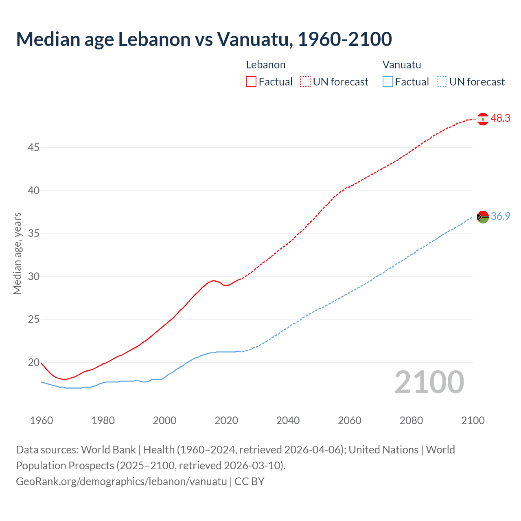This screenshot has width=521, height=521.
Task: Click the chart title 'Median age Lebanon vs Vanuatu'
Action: (x=204, y=39)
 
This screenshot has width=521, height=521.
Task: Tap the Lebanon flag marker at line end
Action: (x=483, y=119)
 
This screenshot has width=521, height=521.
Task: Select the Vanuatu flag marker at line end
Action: (x=483, y=217)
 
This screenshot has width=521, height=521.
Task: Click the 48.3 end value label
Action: (x=500, y=118)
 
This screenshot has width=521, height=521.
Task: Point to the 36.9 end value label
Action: (x=500, y=217)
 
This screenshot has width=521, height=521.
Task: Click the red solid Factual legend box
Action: (x=251, y=82)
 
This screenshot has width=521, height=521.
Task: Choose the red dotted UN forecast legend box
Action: (x=305, y=82)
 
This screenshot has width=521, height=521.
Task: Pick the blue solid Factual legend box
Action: (x=387, y=82)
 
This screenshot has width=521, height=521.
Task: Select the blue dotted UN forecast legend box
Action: (x=442, y=82)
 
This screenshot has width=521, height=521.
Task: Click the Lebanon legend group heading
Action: (x=265, y=65)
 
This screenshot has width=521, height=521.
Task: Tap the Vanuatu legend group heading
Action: (x=402, y=65)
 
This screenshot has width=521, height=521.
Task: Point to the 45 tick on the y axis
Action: (x=33, y=147)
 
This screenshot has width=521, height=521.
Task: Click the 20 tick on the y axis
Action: (x=33, y=362)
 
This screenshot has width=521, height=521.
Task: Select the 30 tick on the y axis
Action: (x=33, y=276)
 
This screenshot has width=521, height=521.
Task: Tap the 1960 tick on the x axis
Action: (x=42, y=420)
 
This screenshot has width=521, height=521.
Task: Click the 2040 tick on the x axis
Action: (x=288, y=420)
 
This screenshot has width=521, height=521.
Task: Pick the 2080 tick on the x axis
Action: (x=411, y=420)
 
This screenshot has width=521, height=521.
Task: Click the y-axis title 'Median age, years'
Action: (x=17, y=253)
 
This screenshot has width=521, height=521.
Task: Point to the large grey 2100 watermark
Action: (x=429, y=382)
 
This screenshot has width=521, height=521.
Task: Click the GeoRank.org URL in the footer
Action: (x=121, y=482)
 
